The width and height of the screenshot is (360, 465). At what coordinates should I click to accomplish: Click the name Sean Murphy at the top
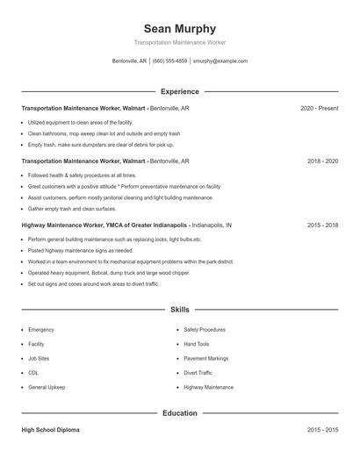point(179,28)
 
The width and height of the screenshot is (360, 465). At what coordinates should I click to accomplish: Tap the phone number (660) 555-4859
point(169,61)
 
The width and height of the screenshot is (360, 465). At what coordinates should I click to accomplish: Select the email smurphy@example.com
point(220,61)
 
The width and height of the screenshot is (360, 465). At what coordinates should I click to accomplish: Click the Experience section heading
point(179,91)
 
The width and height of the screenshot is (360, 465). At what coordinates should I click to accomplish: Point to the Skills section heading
point(179,310)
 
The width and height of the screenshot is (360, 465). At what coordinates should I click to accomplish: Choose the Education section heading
point(179,413)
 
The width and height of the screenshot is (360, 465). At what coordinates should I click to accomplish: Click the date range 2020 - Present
point(319,109)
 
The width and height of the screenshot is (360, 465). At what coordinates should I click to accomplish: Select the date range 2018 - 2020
point(322,161)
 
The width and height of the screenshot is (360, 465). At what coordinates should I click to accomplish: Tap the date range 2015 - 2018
point(322,225)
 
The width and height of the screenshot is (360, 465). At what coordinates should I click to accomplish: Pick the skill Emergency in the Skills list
point(41,330)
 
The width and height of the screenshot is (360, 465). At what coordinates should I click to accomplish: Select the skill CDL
point(33,373)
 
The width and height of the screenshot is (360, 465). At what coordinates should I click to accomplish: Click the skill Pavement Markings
point(206,359)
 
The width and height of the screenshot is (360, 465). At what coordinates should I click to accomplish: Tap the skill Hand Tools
point(197,344)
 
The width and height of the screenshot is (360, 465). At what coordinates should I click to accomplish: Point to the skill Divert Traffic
point(198,373)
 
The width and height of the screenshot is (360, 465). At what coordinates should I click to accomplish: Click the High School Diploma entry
point(50,431)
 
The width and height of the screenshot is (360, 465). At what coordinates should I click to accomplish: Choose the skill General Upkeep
point(47,387)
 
